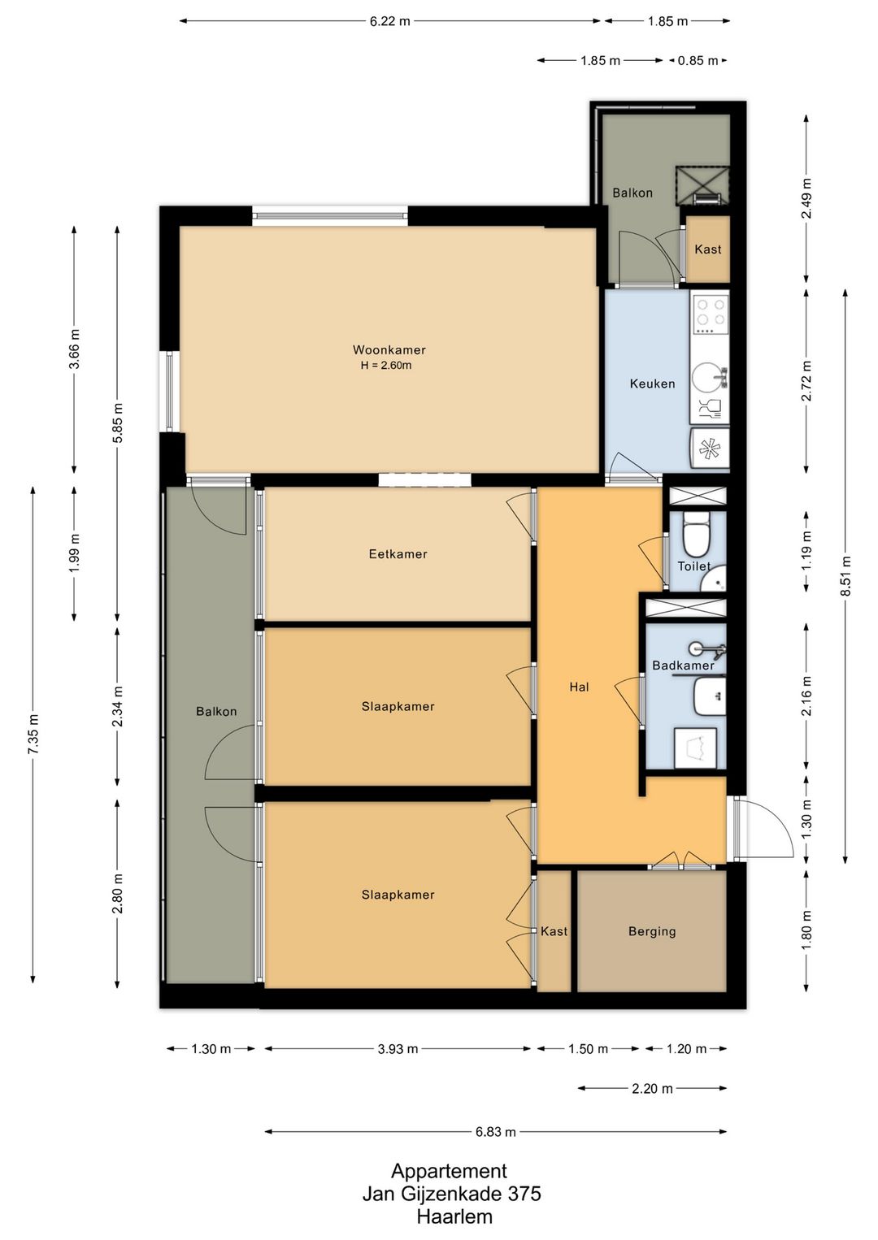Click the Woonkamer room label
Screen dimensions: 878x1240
click(389, 350)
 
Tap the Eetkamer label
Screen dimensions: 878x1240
click(398, 553)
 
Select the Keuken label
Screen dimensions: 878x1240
click(652, 384)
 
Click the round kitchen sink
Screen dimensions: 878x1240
click(708, 377)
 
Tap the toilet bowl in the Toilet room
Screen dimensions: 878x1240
click(696, 535)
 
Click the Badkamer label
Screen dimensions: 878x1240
click(683, 666)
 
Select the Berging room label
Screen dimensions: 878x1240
click(652, 931)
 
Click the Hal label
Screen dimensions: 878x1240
click(579, 687)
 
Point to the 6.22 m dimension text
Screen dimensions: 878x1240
click(390, 22)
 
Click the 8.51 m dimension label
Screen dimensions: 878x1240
click(845, 575)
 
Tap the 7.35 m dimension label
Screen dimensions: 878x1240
click(33, 734)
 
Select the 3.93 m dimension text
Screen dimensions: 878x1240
click(398, 1048)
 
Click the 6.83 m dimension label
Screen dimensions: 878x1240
click(495, 1132)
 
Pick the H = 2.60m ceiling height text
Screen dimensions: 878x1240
click(386, 366)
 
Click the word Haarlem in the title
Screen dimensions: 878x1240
click(454, 1216)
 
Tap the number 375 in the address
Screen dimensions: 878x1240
click(525, 1194)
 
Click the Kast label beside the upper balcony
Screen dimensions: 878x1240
click(708, 249)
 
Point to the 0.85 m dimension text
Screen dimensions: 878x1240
click(698, 61)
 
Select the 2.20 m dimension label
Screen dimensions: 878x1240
click(652, 1089)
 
